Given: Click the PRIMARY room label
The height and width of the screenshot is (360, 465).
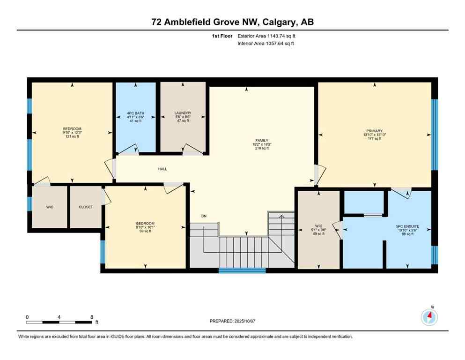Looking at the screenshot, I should pyautogui.click(x=375, y=131).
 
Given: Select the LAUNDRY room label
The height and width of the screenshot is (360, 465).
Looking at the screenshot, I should pyautogui.click(x=183, y=113).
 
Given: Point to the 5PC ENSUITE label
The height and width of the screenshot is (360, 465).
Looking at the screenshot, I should pyautogui.click(x=407, y=226).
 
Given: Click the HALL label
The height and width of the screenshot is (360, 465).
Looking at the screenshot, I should pyautogui.click(x=162, y=169).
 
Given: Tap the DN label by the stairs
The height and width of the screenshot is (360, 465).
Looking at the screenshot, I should pyautogui.click(x=204, y=216).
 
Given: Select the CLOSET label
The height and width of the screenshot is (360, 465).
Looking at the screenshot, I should pyautogui.click(x=85, y=207).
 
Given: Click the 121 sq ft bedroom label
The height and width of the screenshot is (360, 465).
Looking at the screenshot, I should pyautogui.click(x=72, y=129).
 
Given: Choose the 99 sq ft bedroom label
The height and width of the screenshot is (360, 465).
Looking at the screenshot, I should pyautogui.click(x=145, y=223).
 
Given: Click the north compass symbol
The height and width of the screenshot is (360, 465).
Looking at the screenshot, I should pyautogui.click(x=429, y=317).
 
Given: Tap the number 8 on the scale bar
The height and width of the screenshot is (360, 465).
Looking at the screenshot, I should pyautogui.click(x=92, y=316).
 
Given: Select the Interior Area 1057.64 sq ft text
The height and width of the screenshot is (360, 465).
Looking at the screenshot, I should pyautogui.click(x=266, y=44).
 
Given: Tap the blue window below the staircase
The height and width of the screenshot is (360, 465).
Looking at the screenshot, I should pyautogui.click(x=242, y=270).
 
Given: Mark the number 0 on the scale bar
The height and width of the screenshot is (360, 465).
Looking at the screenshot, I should pyautogui.click(x=27, y=316).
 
